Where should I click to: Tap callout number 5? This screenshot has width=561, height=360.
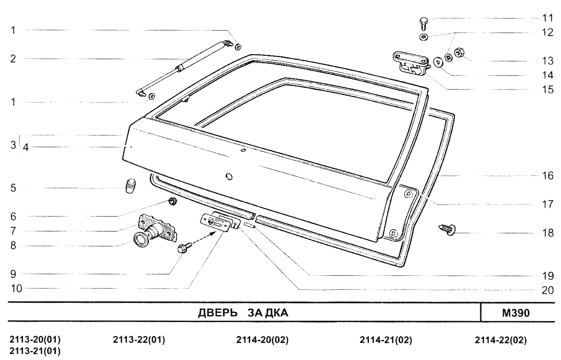point(14,189)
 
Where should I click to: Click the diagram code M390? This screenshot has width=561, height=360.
point(519,313)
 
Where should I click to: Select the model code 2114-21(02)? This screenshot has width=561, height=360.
point(385,340)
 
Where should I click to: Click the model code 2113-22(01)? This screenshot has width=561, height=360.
point(139,340)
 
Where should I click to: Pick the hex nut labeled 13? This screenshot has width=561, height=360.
point(459,53)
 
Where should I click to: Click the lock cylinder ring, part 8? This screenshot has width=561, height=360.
point(141,240)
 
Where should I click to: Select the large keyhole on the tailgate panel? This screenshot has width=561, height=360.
point(229,176)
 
